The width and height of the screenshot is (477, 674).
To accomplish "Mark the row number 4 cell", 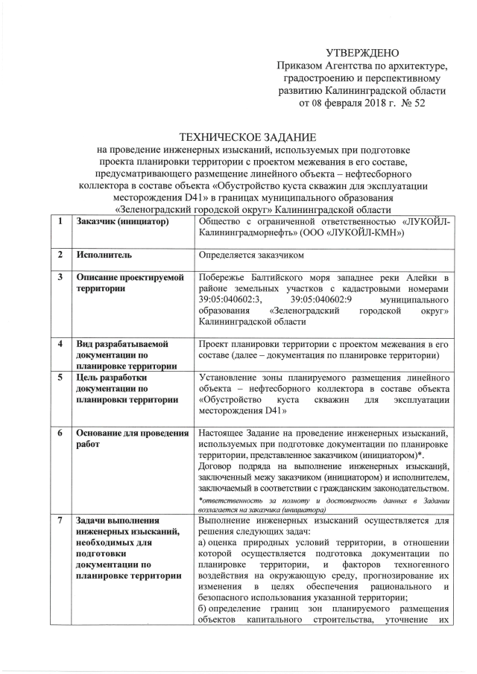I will (x=58, y=344).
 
